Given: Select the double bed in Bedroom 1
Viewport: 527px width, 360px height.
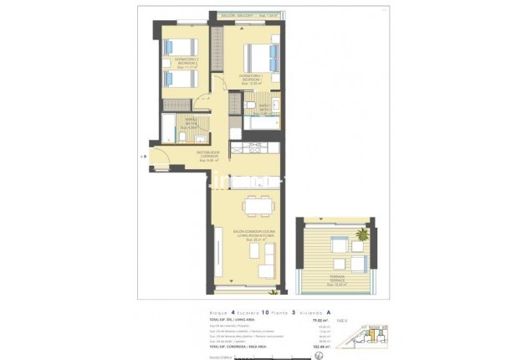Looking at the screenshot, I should click(261, 57).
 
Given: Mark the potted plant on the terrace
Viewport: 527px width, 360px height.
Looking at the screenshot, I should click(362, 233).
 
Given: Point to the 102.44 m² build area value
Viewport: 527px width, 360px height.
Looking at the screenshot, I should click(320, 344).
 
